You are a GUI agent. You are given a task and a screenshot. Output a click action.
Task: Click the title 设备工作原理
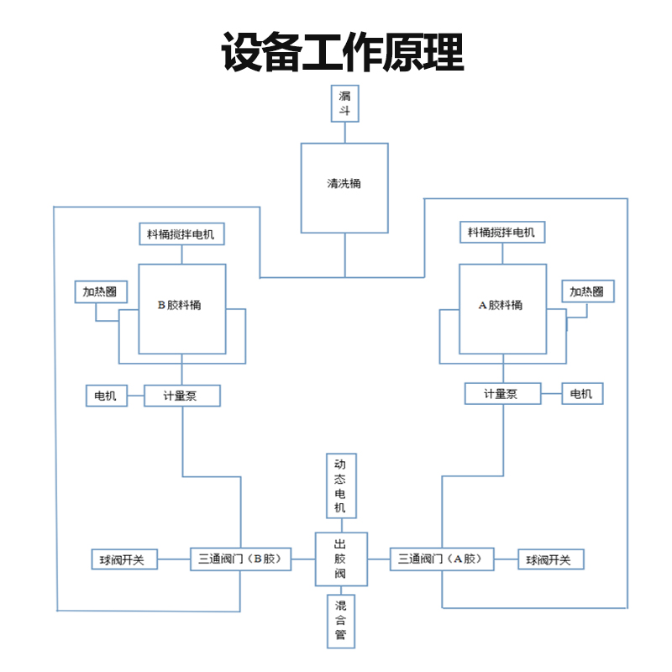(x=343, y=52)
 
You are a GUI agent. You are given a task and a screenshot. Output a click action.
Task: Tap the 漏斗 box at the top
(x=344, y=102)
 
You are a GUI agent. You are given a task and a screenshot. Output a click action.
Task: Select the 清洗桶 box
(x=344, y=186)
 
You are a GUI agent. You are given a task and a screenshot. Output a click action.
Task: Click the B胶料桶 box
(x=182, y=308)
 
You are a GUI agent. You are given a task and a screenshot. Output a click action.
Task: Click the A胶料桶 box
(x=502, y=308)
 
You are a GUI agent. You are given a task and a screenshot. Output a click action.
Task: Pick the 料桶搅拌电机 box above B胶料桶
(x=182, y=234)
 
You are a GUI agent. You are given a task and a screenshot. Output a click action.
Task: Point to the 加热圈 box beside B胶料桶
(x=99, y=292)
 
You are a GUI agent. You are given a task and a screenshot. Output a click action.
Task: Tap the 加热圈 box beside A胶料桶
(x=586, y=291)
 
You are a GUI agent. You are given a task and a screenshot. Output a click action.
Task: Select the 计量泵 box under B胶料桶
(x=181, y=396)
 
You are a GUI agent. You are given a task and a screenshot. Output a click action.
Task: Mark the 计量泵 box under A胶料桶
(x=502, y=393)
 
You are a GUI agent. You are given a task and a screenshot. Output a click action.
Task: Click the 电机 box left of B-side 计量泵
(x=107, y=396)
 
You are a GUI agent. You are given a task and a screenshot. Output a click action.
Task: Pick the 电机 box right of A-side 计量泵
(x=582, y=393)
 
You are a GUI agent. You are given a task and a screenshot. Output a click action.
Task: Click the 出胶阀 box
(x=341, y=559)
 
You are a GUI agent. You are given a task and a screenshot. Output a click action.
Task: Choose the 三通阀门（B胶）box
(x=240, y=559)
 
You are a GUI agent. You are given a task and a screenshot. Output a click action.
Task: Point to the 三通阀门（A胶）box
(x=442, y=559)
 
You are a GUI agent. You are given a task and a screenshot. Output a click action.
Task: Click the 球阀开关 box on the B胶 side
(x=123, y=559)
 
